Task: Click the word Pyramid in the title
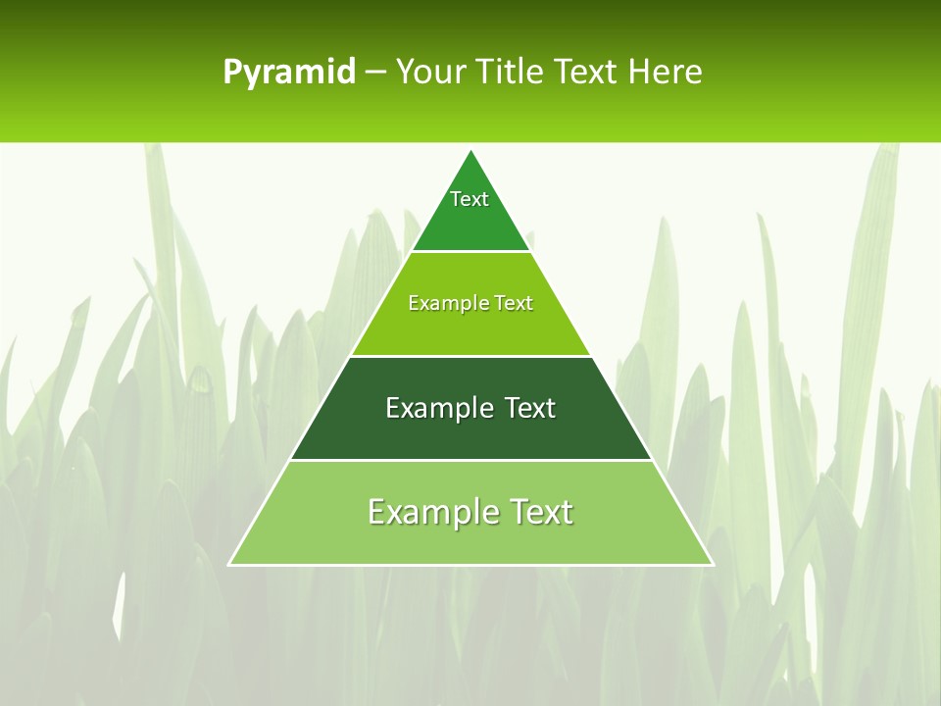pos(289,73)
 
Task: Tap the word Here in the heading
pos(665,73)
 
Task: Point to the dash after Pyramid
pos(375,73)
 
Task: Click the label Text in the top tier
pos(470,199)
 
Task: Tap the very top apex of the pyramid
pos(471,152)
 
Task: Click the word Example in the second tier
pos(444,303)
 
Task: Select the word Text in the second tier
pos(513,303)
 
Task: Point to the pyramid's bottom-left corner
pos(230,564)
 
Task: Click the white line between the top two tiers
pos(471,252)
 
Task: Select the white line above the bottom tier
pos(471,460)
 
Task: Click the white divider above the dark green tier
pos(471,356)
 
